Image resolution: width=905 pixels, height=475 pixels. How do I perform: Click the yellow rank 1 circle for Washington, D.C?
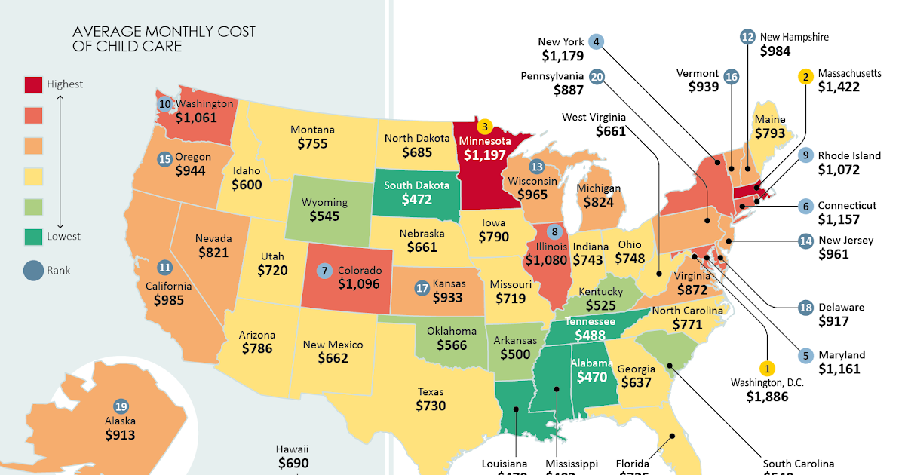(767, 369)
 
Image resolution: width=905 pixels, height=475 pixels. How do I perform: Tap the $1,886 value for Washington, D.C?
(767, 397)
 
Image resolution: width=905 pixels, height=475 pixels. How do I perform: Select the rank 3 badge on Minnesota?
(485, 127)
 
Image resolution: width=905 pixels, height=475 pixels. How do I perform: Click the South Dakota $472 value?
(417, 201)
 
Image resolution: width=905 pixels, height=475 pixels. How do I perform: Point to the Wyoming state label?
(324, 202)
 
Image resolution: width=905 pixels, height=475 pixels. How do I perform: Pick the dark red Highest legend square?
(33, 84)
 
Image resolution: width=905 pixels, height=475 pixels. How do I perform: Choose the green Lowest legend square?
(33, 236)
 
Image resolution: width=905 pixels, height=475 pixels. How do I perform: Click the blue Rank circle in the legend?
(33, 270)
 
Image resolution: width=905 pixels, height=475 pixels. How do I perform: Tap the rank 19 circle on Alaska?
(120, 406)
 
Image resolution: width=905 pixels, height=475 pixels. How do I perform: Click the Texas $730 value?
(431, 406)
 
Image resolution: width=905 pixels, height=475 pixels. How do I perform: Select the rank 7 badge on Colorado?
(325, 270)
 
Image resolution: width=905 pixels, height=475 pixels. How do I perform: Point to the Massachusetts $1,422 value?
(838, 87)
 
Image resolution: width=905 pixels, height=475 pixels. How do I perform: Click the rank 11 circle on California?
(164, 268)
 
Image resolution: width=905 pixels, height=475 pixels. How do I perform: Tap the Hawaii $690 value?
(293, 463)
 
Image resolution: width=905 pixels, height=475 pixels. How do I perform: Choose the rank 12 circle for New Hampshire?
(747, 36)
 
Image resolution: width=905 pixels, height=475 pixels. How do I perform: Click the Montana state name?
(312, 130)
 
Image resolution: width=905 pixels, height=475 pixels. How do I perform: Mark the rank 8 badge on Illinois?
(555, 232)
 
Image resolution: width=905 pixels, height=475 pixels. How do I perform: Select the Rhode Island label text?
(849, 155)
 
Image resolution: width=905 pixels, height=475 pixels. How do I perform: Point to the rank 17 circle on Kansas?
(422, 287)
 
